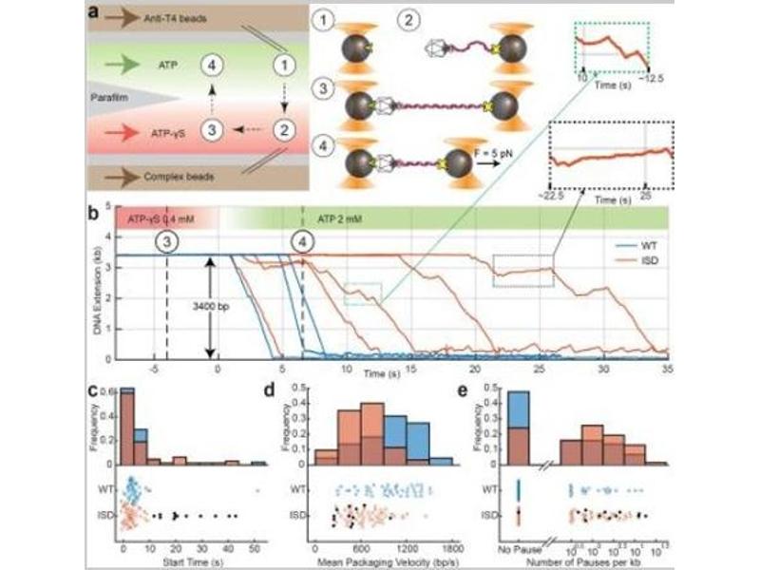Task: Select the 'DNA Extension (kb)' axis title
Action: point(96,285)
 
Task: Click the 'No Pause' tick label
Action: point(519,550)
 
